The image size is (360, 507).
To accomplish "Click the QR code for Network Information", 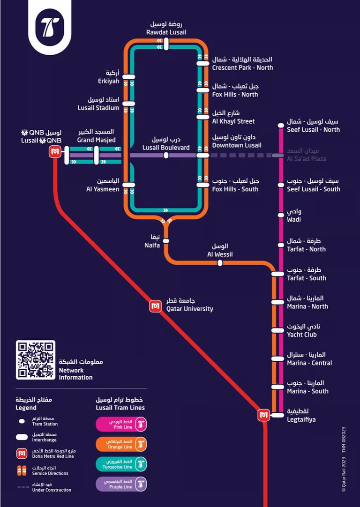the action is (36, 359).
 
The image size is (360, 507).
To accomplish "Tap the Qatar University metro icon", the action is (155, 306).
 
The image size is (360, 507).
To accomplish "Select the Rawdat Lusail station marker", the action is (166, 44).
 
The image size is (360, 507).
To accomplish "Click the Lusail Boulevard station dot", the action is (166, 155).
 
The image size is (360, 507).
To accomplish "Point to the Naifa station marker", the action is (166, 240).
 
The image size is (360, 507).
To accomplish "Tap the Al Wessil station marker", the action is (220, 263).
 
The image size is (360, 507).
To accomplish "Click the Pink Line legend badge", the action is (121, 424).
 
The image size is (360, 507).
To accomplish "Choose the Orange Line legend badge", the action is (121, 444).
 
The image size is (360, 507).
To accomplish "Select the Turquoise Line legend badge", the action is (121, 464).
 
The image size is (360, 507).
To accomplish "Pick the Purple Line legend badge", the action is (121, 484).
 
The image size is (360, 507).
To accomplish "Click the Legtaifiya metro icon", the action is (263, 415).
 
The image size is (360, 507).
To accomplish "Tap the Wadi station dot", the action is (281, 215).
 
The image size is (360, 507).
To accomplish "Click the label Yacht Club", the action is (302, 335).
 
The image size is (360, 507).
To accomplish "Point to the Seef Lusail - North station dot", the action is (281, 125).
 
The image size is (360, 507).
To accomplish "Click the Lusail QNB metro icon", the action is (55, 152).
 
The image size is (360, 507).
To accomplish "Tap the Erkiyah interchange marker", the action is (129, 77).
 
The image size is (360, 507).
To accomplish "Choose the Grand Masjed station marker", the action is (97, 155).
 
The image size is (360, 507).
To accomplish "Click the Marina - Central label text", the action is (309, 363).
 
